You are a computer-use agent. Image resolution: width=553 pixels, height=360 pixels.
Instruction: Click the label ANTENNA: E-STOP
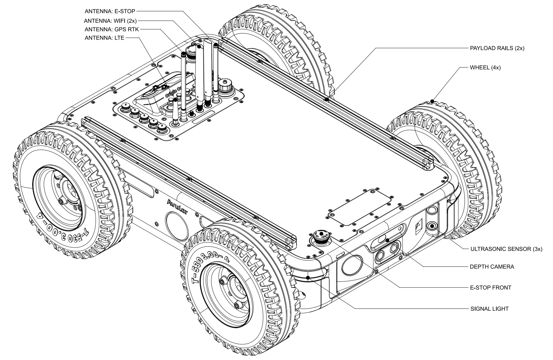[x=110, y=11]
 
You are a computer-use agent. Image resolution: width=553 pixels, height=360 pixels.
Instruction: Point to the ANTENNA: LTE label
[x=104, y=38]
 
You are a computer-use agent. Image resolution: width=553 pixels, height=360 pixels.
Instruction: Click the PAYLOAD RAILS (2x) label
[x=497, y=48]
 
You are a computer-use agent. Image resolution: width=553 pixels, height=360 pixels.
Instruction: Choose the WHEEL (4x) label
[x=485, y=68]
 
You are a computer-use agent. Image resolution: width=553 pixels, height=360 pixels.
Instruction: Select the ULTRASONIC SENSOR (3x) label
[x=506, y=249]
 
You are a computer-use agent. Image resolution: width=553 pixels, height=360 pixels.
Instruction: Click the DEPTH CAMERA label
[x=492, y=267]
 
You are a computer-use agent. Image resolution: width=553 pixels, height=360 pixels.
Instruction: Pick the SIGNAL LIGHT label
[x=489, y=309]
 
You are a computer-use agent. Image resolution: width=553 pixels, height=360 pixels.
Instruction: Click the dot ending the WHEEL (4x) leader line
[x=432, y=101]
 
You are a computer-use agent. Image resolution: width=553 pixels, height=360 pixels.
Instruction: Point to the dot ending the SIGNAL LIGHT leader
[x=308, y=277]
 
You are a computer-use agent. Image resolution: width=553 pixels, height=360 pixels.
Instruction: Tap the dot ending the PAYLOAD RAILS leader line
[x=326, y=99]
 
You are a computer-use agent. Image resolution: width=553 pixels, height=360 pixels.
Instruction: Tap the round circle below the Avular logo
[x=177, y=224]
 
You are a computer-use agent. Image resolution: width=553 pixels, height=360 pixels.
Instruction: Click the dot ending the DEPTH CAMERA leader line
[x=388, y=240]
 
